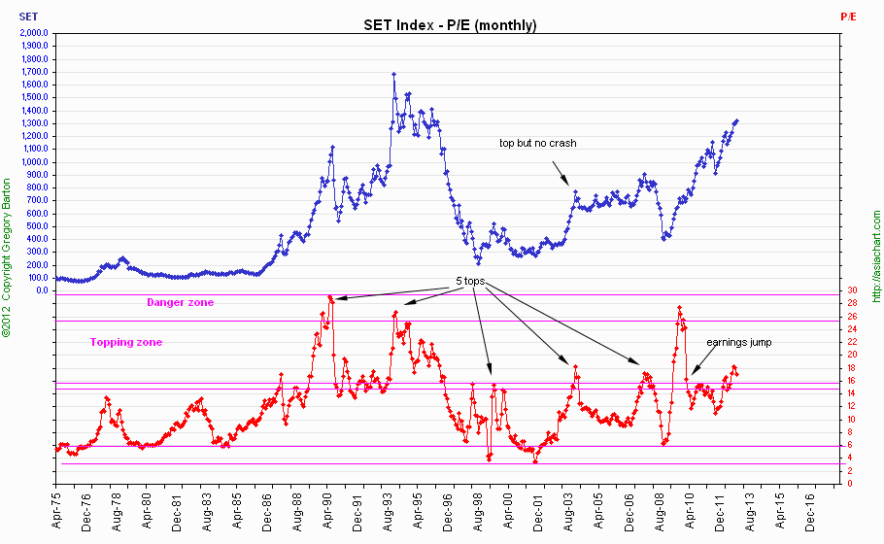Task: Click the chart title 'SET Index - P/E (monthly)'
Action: coord(442,25)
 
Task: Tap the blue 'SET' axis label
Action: coord(29,17)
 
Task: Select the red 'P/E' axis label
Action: coord(848,17)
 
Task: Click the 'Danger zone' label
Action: coord(180,303)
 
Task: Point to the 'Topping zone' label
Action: coord(126,342)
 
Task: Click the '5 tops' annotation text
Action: coord(470,282)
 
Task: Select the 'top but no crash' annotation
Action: coord(537,143)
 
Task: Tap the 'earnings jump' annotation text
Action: coord(738,342)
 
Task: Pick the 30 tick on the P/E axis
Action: coord(851,290)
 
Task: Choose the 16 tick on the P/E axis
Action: coord(851,381)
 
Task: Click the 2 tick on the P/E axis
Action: coord(851,471)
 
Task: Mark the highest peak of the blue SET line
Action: coord(393,74)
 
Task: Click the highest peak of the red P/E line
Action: coord(330,297)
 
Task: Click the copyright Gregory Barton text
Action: coord(8,257)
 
